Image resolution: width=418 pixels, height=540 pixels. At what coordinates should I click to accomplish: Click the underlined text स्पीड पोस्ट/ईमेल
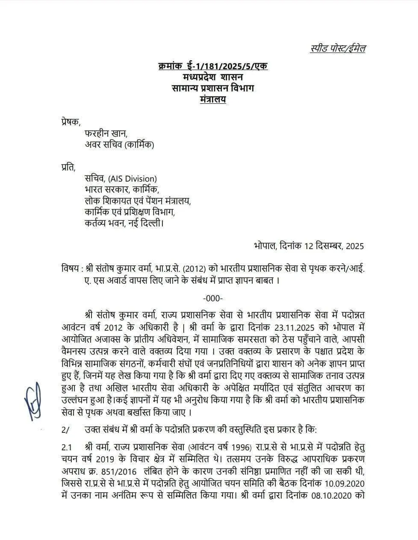(x=338, y=49)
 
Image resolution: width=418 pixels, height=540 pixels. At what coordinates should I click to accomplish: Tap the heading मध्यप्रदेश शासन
(x=212, y=77)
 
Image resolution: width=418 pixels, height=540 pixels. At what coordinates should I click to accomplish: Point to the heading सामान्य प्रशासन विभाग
(x=212, y=88)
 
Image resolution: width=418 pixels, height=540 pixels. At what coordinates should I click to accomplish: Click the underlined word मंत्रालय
(x=212, y=100)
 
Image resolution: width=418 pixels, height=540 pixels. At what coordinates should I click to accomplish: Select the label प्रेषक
(x=70, y=122)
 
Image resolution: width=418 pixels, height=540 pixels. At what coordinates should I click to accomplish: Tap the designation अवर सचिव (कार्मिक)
(x=119, y=144)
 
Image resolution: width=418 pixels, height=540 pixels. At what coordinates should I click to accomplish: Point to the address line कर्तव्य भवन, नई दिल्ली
(x=124, y=223)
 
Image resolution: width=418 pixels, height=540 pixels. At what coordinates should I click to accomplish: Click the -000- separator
(x=212, y=298)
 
